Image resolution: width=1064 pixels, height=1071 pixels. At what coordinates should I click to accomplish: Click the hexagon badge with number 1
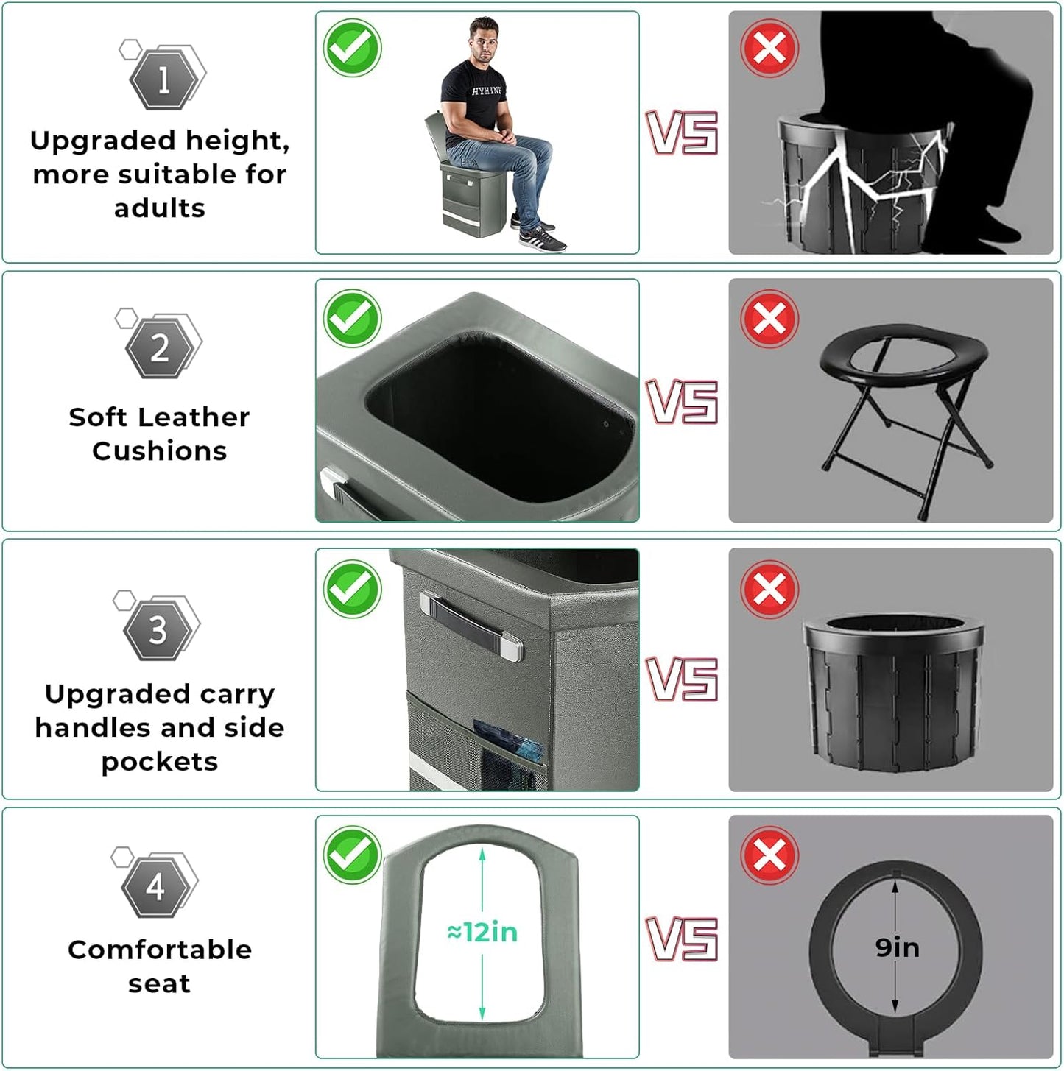[163, 79]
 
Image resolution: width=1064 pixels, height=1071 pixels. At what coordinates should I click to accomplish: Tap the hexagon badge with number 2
[160, 348]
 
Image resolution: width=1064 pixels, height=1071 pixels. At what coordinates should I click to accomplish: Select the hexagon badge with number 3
[158, 631]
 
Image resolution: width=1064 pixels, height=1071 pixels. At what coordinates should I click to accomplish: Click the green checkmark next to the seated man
[352, 48]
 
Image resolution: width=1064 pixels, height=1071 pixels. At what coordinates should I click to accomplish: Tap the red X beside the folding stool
[769, 319]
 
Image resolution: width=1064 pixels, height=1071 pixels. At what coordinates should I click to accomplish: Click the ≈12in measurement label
[482, 932]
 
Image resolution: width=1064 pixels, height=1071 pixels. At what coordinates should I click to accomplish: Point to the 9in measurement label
[898, 947]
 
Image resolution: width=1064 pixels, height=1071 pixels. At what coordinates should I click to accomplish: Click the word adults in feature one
[160, 208]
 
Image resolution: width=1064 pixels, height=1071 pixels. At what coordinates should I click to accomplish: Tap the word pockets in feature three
[160, 762]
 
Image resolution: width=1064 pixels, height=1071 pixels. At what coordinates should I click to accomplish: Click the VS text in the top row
[682, 133]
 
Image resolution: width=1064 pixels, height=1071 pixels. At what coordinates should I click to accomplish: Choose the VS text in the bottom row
[682, 939]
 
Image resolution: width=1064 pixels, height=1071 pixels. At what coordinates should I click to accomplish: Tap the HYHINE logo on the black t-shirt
[487, 91]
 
